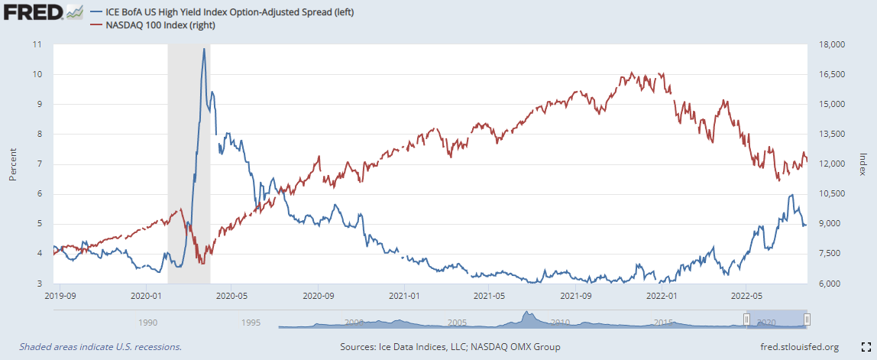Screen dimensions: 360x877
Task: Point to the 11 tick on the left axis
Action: click(x=37, y=44)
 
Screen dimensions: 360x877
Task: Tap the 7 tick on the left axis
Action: click(x=38, y=164)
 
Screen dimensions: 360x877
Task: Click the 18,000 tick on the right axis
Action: click(x=830, y=44)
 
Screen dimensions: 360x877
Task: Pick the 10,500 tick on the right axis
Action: click(x=830, y=194)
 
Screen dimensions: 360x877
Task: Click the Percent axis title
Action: click(x=12, y=164)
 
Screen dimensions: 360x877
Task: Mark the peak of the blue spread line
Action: click(x=204, y=50)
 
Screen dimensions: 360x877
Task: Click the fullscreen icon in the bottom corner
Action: click(x=866, y=346)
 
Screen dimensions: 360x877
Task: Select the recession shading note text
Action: click(x=100, y=347)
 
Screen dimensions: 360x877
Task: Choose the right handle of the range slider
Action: click(x=807, y=319)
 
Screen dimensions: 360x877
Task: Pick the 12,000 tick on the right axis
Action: click(x=830, y=164)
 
